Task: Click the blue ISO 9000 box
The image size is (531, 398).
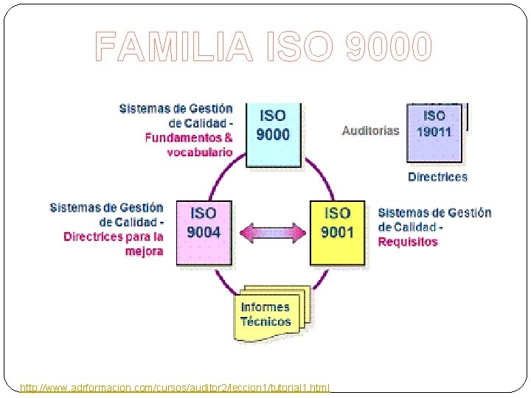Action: click(273, 133)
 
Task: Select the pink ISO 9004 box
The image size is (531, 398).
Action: click(204, 231)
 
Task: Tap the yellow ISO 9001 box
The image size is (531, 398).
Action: click(337, 231)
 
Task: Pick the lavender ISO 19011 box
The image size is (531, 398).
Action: click(434, 132)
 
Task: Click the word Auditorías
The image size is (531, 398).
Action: click(370, 131)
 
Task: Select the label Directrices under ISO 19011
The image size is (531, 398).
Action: click(437, 177)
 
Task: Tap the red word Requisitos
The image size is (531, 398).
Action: click(408, 242)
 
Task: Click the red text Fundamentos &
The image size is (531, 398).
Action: click(189, 137)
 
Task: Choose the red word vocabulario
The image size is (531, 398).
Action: click(199, 152)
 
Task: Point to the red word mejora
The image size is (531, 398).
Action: click(145, 251)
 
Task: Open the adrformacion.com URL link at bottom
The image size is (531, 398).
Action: click(176, 387)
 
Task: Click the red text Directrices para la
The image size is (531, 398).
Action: click(114, 237)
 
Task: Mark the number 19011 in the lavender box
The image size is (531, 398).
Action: click(434, 132)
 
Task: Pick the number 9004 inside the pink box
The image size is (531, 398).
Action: click(204, 232)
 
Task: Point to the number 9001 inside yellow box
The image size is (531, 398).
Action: click(337, 232)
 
